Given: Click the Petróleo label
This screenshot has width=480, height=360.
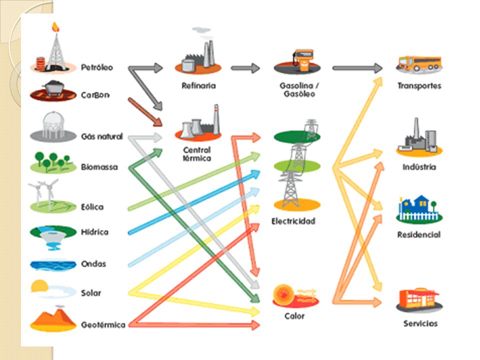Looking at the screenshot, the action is point(96,67).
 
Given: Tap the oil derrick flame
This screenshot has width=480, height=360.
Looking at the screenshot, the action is point(55,27).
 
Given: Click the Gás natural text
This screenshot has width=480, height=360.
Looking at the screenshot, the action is point(101,136).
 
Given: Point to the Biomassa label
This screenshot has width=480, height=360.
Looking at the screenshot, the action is point(99,167).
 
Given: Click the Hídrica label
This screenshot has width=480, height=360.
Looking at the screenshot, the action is point(94,232).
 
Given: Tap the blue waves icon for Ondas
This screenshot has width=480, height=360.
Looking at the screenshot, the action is point(53,265).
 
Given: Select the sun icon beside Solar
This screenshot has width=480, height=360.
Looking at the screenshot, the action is point(39,286).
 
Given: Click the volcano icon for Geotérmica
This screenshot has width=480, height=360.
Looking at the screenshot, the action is point(53,318).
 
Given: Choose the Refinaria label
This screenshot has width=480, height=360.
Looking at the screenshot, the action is point(198,85).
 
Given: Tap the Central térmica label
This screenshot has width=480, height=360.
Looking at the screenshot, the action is point(197,154).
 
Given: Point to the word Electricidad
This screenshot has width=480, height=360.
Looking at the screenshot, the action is point(293,221).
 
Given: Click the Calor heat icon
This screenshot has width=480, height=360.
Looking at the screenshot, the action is point(295,296).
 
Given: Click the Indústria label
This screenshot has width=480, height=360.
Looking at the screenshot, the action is point(419,167).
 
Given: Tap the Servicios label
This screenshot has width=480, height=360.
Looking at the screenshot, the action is point(420,323).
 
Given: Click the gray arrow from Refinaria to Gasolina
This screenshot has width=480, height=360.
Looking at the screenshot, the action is point(245,68).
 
